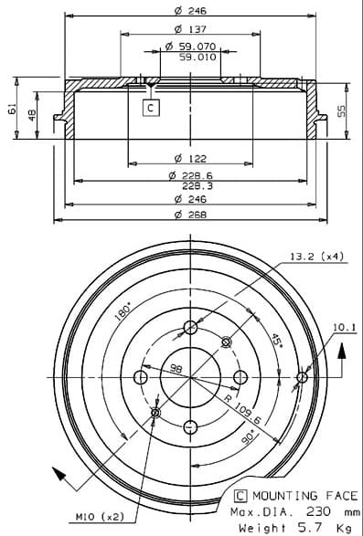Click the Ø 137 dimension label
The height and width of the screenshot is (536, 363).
pos(190,29)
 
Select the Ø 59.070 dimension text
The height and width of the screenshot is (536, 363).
pos(190,46)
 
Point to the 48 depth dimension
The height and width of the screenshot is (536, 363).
pos(32,115)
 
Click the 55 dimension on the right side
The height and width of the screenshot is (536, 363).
pos(341,111)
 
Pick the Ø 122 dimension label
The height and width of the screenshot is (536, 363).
pos(190,159)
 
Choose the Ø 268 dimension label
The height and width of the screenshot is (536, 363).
pos(190,215)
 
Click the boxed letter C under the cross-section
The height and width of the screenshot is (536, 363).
pos(151,108)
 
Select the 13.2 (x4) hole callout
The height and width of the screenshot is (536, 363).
pos(316,256)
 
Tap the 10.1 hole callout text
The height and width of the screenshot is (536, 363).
pos(345,328)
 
